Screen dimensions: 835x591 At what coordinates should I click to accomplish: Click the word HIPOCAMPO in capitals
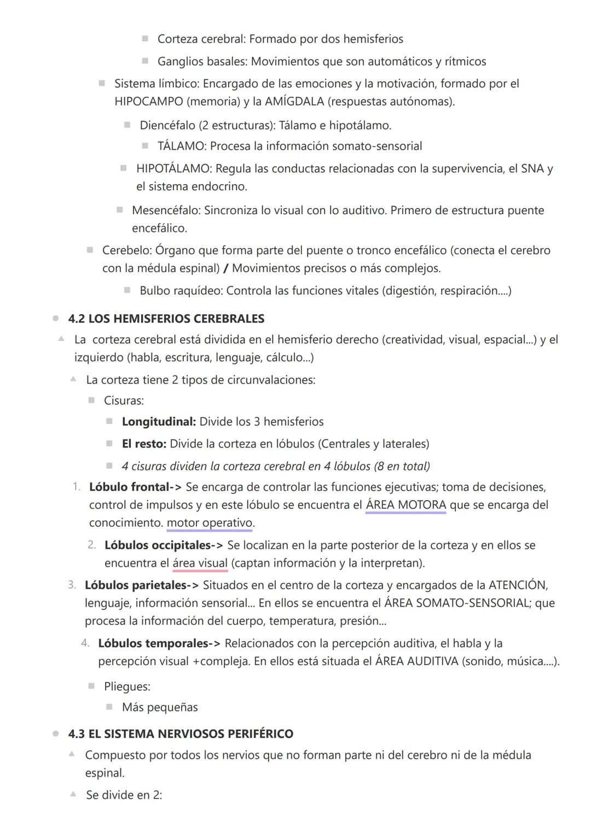(148, 102)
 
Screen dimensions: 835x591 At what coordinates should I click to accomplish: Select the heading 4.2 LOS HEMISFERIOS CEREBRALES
(166, 319)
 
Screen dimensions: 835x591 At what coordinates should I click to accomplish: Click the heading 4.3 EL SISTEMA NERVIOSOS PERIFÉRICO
(181, 734)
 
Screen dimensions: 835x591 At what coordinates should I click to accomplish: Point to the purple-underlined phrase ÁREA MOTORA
(405, 505)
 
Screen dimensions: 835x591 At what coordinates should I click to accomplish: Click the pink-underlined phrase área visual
(200, 563)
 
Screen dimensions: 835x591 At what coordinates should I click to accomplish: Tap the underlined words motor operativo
(210, 523)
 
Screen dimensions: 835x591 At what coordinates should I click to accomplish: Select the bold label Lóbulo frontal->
(135, 487)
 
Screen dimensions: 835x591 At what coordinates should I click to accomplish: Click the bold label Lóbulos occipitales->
(164, 545)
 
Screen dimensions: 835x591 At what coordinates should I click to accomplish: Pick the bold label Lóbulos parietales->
(142, 585)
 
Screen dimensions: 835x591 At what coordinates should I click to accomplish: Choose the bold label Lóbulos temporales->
(159, 644)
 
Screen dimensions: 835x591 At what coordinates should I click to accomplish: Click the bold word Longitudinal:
(159, 422)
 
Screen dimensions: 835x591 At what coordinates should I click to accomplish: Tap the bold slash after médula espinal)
(226, 269)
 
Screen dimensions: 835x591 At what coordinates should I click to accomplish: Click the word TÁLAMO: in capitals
(182, 146)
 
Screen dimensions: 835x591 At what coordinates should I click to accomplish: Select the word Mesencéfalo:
(166, 210)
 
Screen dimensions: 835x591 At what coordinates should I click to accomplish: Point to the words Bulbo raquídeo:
(181, 291)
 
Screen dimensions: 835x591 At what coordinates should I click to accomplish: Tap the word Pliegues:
(127, 686)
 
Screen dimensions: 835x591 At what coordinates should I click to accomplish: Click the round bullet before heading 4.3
(56, 734)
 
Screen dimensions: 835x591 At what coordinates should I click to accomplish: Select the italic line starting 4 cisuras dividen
(275, 466)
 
